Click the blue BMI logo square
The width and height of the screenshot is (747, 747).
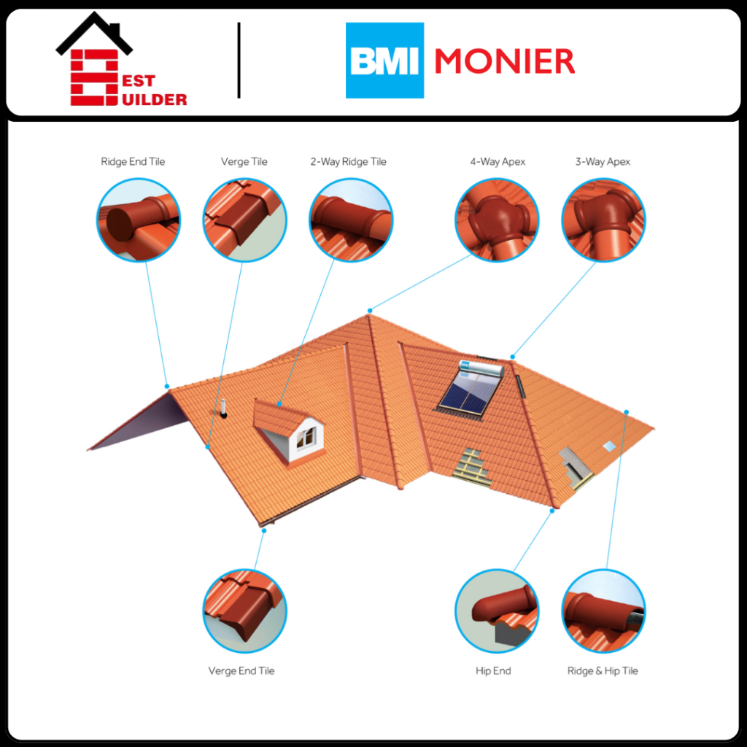coord(384,61)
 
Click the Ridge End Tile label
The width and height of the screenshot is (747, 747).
coord(133,162)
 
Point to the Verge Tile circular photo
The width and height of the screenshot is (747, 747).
coord(244,220)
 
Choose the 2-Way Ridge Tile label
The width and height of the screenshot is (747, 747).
coord(348,162)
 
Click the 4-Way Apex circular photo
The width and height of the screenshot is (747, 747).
coord(497,220)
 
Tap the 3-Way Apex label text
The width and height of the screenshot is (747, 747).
coord(603,162)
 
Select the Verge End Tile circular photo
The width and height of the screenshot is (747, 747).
coord(244,611)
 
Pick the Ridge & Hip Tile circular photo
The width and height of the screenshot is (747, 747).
coord(603,611)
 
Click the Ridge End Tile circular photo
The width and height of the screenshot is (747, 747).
coord(139,220)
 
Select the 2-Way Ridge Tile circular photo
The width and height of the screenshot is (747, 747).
coord(351,220)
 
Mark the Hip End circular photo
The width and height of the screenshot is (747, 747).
coord(497,611)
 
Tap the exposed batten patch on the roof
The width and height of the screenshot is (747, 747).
coord(470,465)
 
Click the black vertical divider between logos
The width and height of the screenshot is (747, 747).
coord(239,61)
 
